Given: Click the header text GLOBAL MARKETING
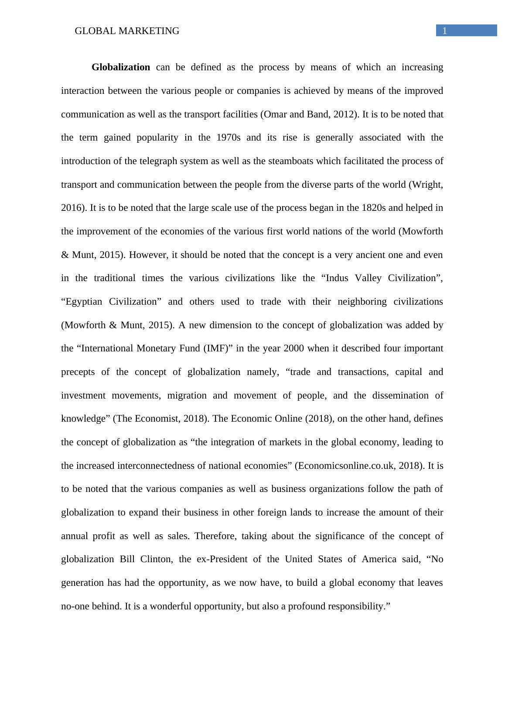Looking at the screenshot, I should [127, 31].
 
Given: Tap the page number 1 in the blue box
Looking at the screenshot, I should [445, 31].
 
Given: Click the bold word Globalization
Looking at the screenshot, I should [121, 67].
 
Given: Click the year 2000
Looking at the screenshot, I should [295, 348].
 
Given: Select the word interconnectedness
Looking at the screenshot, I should [156, 466].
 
